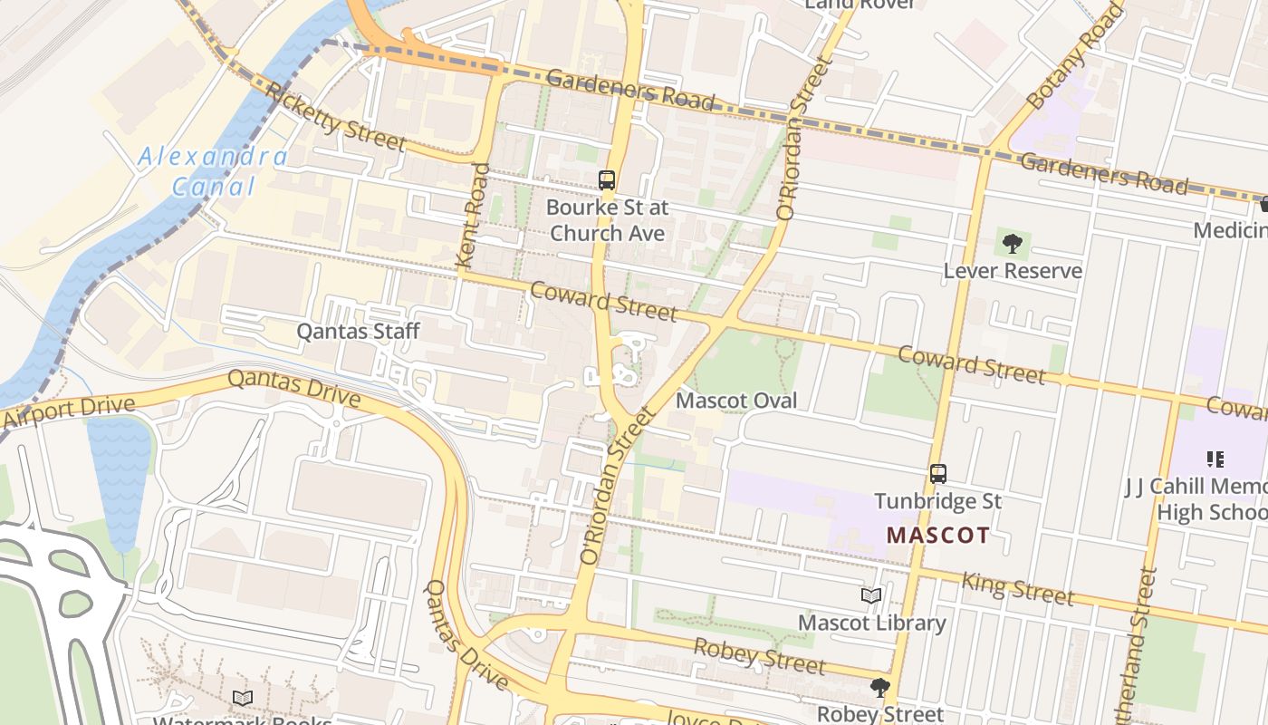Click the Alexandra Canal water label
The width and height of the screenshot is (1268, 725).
214,171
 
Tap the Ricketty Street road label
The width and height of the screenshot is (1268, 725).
336,116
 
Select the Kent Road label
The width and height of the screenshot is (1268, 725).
473,215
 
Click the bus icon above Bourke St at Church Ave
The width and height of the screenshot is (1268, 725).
607,180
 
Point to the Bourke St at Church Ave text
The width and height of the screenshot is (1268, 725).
607,220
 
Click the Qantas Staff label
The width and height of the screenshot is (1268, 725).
359,331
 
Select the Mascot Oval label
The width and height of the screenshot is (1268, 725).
737,401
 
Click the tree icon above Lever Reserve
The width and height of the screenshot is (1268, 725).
1013,243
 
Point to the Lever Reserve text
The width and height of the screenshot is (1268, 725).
1013,271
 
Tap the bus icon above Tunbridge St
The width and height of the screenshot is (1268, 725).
938,473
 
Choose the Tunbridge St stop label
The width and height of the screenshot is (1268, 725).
938,501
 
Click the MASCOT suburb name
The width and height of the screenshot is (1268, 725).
938,535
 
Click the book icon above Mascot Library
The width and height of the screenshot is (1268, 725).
871,595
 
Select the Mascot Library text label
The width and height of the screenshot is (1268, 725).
871,623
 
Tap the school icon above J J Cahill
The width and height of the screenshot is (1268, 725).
1215,459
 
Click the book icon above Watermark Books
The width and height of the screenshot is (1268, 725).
242,698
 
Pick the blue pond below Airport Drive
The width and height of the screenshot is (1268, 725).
119,480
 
